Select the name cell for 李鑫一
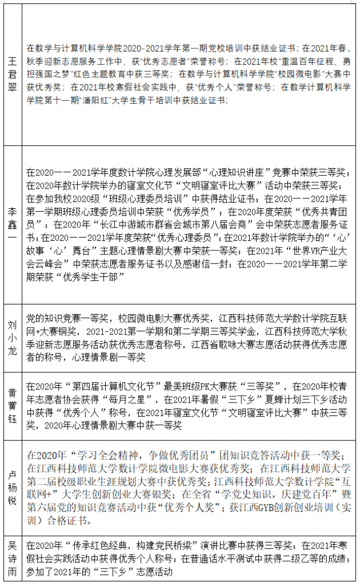tap(11, 223)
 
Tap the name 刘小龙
tap(11, 337)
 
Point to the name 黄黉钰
tap(11, 405)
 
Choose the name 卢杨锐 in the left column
tap(11, 486)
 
